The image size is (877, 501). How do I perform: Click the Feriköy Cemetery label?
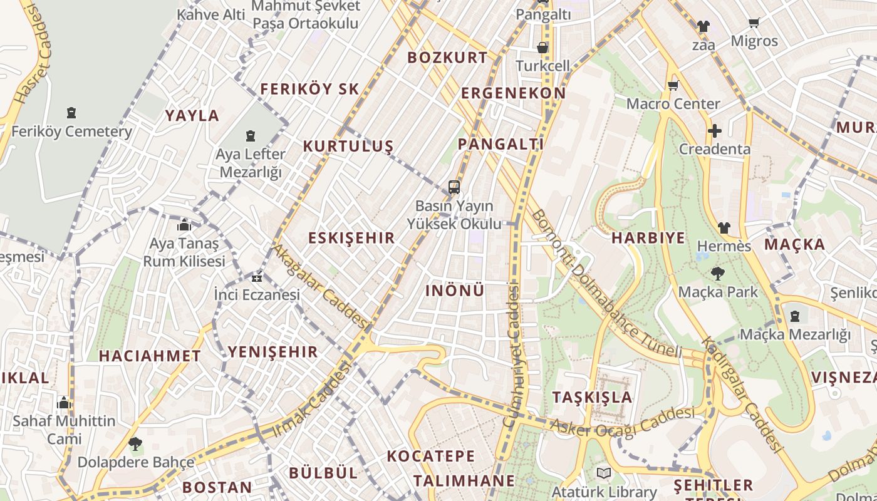click(71, 132)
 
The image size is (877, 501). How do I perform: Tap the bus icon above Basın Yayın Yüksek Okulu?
click(454, 187)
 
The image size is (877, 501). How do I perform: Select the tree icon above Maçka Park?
click(717, 273)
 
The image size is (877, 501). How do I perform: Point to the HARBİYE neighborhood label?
click(648, 238)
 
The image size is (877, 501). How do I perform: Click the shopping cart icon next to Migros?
click(754, 23)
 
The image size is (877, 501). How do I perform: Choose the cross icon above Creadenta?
click(714, 131)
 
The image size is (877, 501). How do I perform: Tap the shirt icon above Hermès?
click(724, 228)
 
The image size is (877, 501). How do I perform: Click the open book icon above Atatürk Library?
click(604, 473)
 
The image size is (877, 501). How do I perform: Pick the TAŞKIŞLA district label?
click(592, 397)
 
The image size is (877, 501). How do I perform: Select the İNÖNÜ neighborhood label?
click(455, 291)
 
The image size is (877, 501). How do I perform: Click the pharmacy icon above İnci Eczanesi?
click(257, 277)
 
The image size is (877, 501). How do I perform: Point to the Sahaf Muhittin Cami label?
click(64, 430)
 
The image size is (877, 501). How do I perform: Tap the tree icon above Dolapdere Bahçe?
click(135, 444)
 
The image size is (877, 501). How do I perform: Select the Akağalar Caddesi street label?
click(319, 286)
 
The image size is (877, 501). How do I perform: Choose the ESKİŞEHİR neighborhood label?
click(351, 238)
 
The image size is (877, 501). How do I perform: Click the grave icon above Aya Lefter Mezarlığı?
click(251, 136)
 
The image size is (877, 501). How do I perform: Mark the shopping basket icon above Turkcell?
click(542, 48)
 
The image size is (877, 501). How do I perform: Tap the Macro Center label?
click(673, 103)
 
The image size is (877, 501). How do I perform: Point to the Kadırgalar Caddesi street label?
click(742, 395)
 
